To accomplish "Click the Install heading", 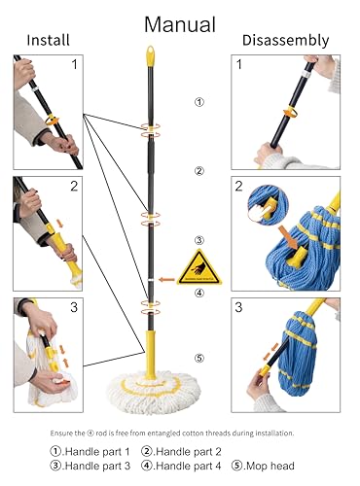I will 48,41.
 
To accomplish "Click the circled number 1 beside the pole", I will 199,101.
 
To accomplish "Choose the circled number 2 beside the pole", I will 199,171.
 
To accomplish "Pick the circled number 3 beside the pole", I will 199,240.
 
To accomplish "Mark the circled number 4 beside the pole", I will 199,292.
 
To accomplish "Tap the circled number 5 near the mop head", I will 199,358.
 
